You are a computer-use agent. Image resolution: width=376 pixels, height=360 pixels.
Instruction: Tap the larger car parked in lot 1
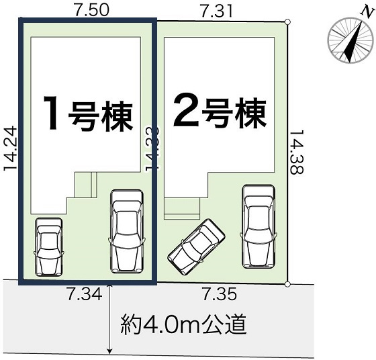tap(127, 230)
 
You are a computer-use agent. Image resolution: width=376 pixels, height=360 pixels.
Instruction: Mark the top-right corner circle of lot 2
tap(287, 22)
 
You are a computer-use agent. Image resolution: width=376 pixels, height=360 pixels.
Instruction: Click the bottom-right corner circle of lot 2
tap(288, 284)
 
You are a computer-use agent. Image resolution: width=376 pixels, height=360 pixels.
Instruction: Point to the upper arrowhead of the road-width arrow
tap(109, 287)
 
